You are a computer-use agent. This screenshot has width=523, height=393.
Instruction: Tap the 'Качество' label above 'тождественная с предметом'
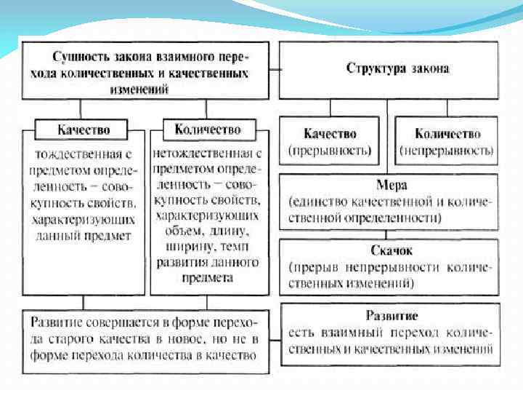(x=84, y=130)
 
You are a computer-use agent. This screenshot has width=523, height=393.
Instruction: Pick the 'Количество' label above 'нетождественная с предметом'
(x=207, y=130)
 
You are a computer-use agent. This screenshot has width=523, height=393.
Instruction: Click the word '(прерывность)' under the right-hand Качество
(x=330, y=151)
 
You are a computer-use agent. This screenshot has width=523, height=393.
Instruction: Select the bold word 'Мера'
(x=392, y=185)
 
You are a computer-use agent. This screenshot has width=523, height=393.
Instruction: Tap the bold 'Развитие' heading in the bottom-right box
(x=392, y=317)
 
